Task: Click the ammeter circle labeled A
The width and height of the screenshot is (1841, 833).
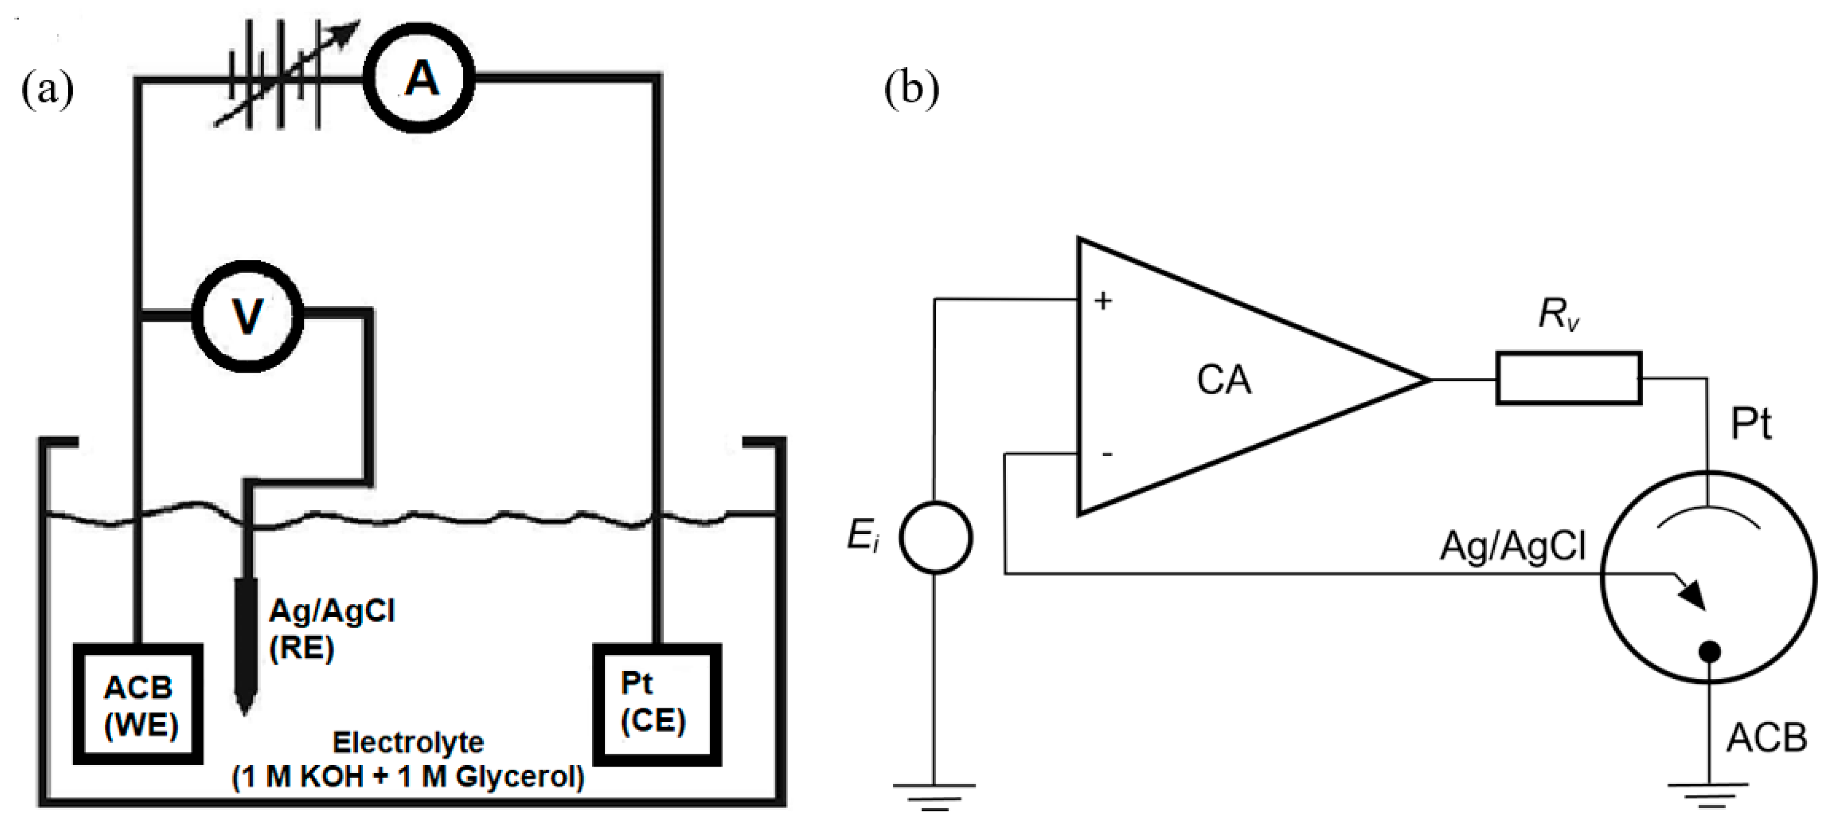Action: [419, 79]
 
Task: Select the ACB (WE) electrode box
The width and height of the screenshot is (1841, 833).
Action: [139, 704]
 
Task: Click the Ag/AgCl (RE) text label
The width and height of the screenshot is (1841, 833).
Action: [331, 629]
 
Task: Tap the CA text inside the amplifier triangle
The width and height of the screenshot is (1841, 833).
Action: [1224, 380]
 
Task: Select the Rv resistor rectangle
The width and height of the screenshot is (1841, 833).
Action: [1569, 378]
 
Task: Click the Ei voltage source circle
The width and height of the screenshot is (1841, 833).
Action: [935, 537]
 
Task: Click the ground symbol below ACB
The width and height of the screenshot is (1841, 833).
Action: [1709, 793]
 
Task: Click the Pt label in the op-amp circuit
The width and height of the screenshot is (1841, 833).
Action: [1750, 425]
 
